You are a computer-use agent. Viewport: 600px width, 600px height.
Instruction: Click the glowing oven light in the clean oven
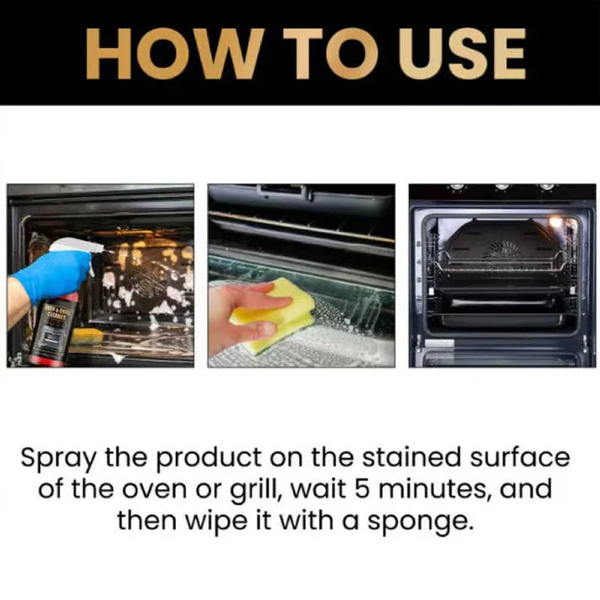coord(555,222)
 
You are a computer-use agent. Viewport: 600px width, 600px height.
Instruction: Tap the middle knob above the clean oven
coord(502,186)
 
